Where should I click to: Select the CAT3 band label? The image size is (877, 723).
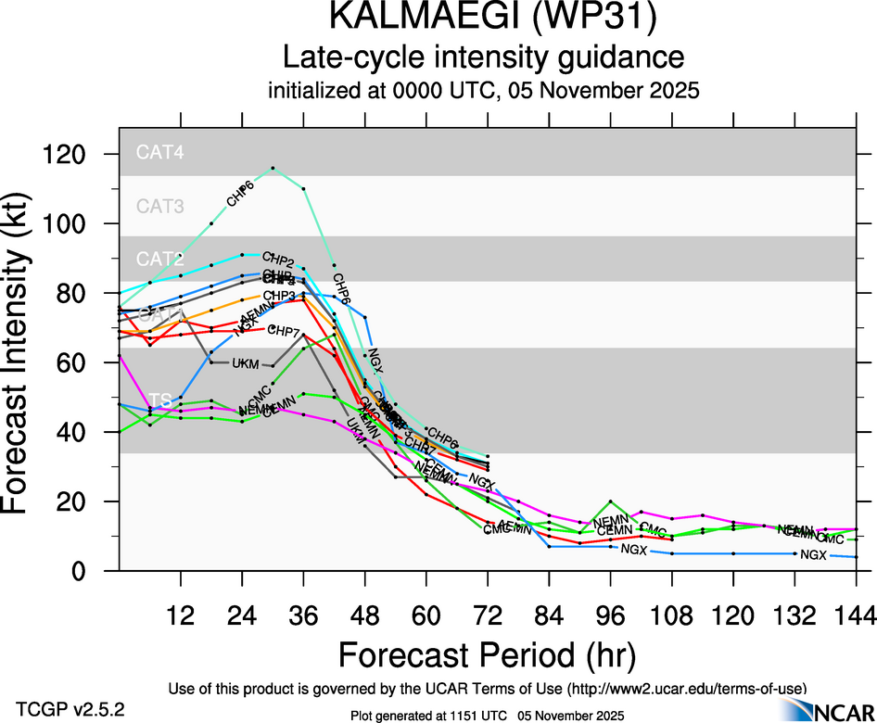coord(160,206)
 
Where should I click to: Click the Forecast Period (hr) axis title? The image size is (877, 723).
coord(486,653)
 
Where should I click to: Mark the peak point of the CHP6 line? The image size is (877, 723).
coord(273,169)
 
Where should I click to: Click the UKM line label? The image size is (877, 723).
coord(245,363)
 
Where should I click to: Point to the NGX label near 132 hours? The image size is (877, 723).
coord(813,555)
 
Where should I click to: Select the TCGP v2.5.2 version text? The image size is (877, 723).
coord(71,709)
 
